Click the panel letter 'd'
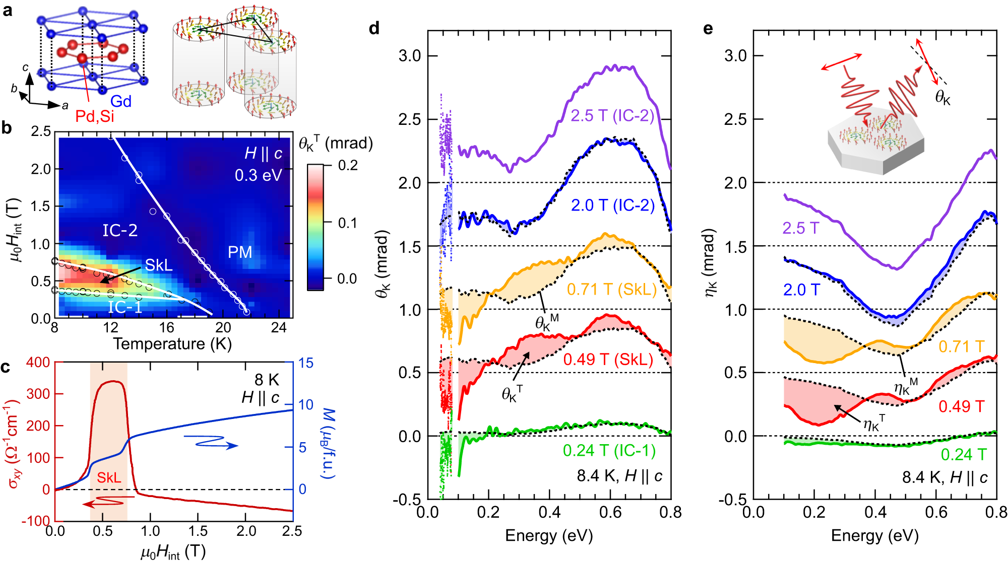374,28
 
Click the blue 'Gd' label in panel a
121,101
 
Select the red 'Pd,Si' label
95,116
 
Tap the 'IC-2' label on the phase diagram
120,231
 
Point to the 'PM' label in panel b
239,252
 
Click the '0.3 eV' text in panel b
258,175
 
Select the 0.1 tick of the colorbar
347,223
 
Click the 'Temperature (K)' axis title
172,344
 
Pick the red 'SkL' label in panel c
109,477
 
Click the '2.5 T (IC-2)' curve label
612,116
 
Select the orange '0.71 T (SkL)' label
612,289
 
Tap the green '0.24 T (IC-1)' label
609,450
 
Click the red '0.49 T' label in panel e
961,406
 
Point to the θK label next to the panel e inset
942,97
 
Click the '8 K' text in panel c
267,379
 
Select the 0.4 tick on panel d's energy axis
549,513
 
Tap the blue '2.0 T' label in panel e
801,290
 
